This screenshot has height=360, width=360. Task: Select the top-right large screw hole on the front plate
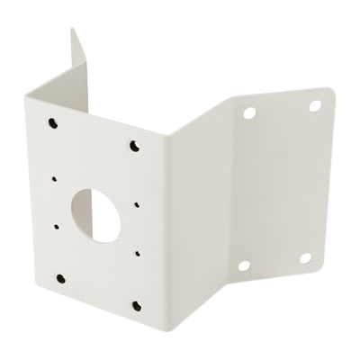[x=135, y=144]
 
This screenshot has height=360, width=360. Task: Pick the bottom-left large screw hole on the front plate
[x=58, y=276]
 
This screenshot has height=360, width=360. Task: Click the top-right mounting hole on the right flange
[x=315, y=107]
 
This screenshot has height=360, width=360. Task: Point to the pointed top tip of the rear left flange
[x=72, y=29]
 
